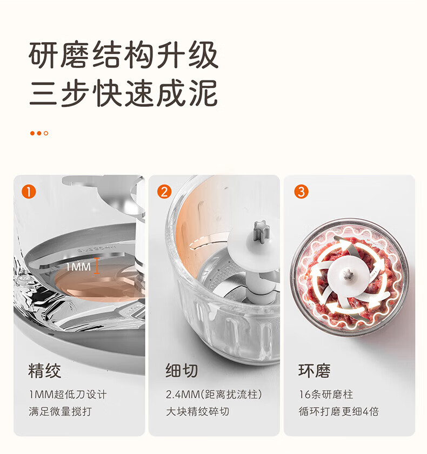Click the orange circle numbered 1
coord(29,192)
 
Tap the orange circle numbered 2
coord(164,192)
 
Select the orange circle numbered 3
coord(301,192)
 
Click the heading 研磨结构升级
coord(123,55)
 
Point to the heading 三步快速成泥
coord(123,93)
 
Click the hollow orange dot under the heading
coord(46,133)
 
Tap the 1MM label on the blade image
coord(78,267)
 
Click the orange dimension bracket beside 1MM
coord(97,266)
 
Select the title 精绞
coord(45,371)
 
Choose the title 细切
coord(182,371)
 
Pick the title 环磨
coord(315,371)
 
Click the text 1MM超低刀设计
coord(68,395)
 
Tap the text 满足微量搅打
coord(60,411)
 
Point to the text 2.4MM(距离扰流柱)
coord(214,395)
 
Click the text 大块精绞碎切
coord(197,411)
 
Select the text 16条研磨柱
coord(326,395)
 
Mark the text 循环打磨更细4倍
coord(338,411)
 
